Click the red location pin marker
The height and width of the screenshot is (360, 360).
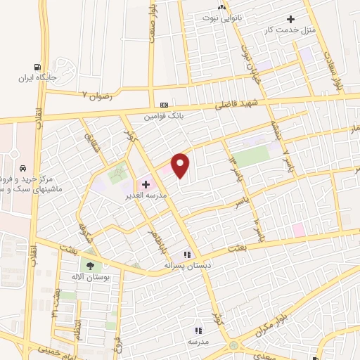(181, 165)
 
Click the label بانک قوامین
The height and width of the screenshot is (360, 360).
(163, 115)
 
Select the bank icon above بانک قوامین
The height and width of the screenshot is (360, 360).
(164, 104)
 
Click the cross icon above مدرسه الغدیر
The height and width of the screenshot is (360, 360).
(146, 184)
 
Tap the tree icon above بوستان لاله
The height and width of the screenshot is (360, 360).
(89, 266)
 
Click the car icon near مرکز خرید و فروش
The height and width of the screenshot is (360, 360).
(23, 169)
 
